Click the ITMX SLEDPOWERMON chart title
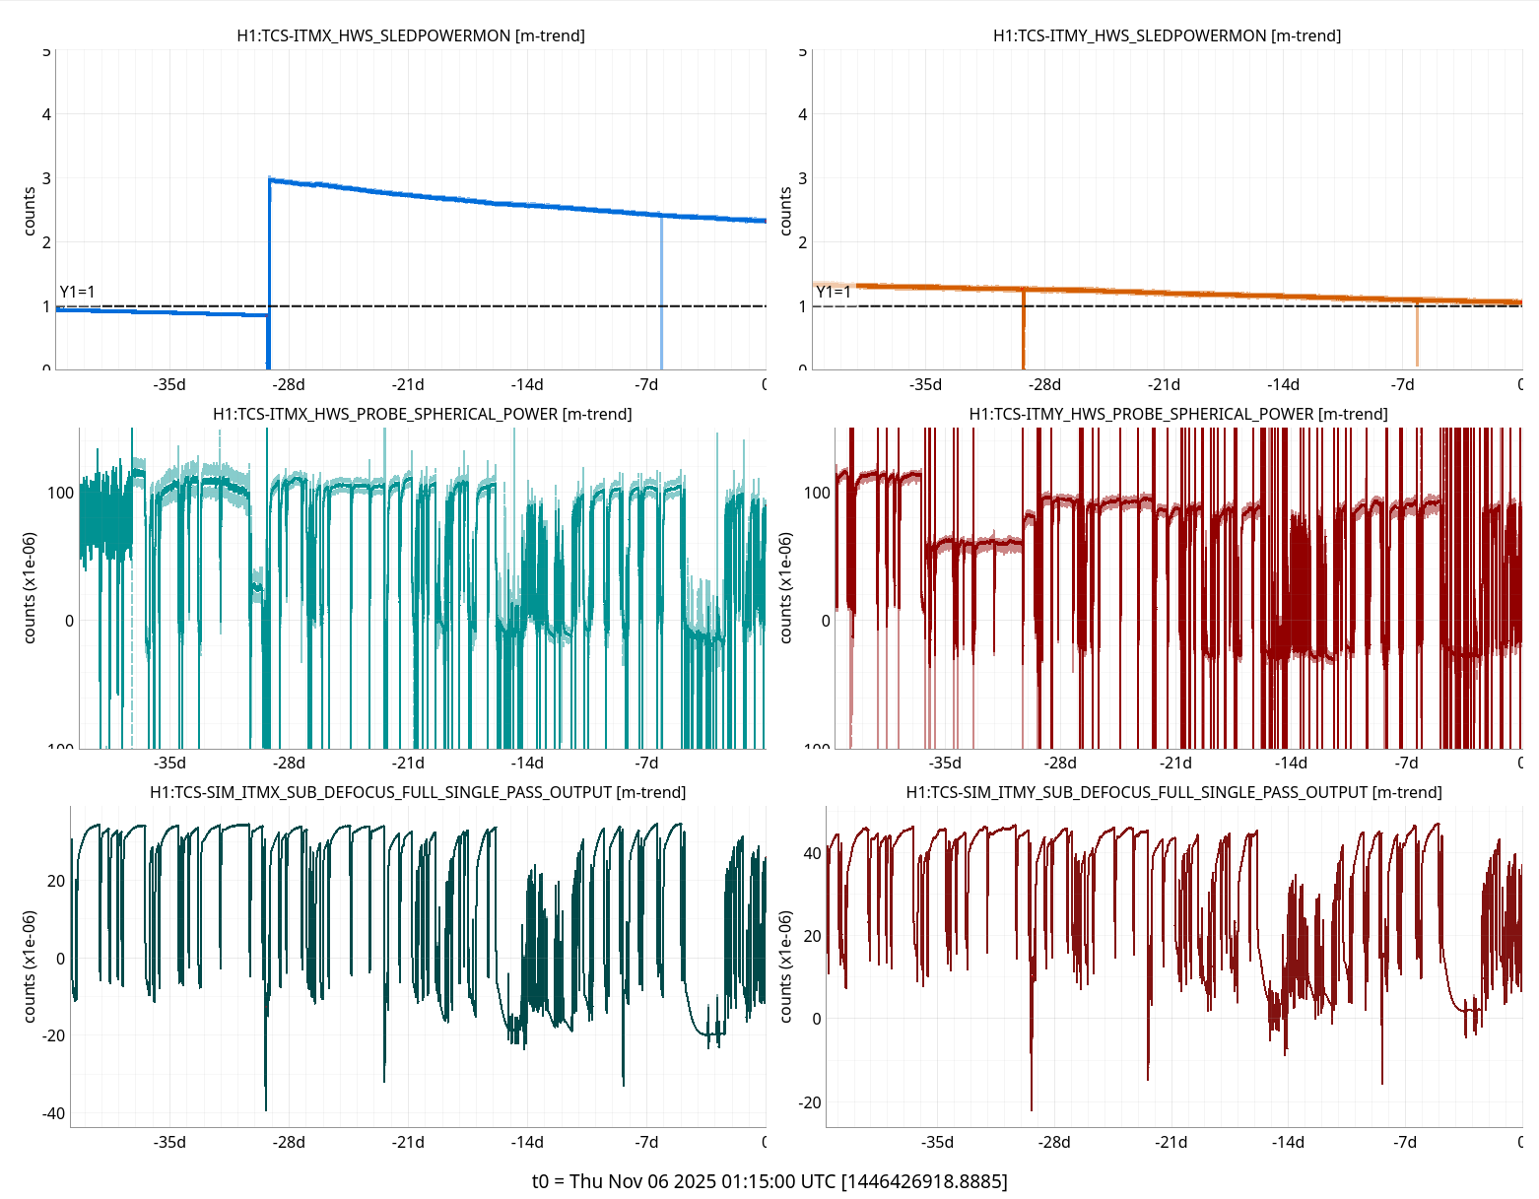(411, 35)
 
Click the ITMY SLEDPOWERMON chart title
(1167, 35)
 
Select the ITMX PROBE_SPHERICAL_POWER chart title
(422, 414)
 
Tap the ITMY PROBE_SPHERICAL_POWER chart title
(1177, 414)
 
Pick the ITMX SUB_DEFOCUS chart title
(418, 792)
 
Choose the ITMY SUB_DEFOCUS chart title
(1173, 792)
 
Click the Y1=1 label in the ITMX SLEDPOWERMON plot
(78, 292)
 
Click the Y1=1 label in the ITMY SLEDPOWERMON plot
(834, 292)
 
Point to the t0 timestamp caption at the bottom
(769, 1181)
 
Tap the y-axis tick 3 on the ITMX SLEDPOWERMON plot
(45, 178)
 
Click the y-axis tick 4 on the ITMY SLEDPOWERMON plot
(802, 114)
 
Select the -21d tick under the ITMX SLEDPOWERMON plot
(408, 384)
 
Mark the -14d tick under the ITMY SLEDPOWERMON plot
(1283, 384)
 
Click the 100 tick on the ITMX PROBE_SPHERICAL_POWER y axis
(61, 493)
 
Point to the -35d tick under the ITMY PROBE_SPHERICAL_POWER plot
(945, 763)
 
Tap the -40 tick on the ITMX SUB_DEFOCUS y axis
(53, 1113)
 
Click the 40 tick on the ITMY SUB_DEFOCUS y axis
(812, 853)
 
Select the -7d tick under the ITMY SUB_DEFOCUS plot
(1405, 1142)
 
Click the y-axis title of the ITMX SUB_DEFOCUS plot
(30, 966)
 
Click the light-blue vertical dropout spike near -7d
(661, 296)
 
